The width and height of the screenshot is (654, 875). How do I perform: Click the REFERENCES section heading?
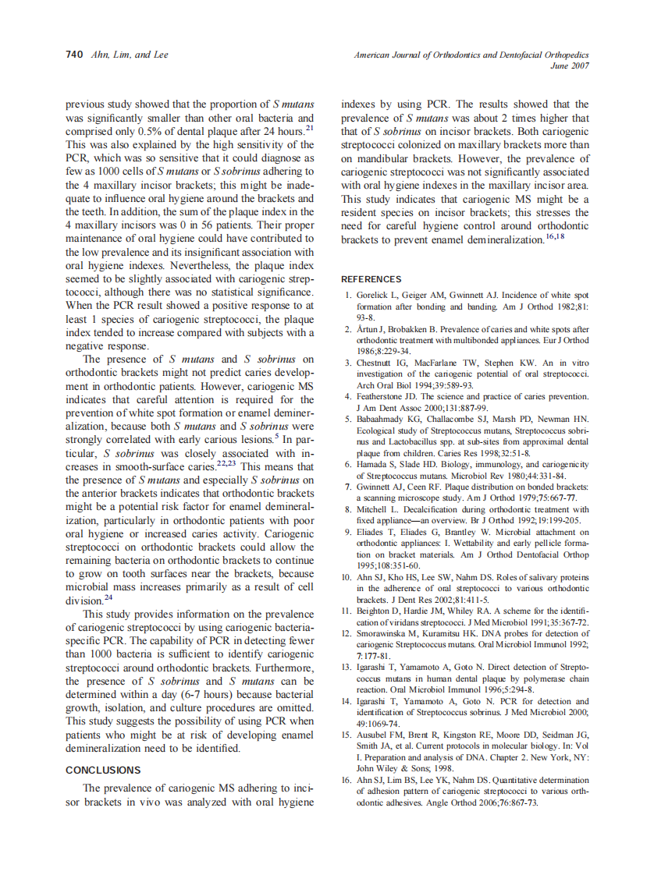pyautogui.click(x=371, y=279)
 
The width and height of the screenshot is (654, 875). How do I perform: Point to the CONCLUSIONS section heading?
pyautogui.click(x=103, y=770)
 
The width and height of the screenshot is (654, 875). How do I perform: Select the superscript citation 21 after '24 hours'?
pyautogui.click(x=309, y=128)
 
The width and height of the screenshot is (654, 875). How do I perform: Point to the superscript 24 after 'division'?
pyautogui.click(x=108, y=597)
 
